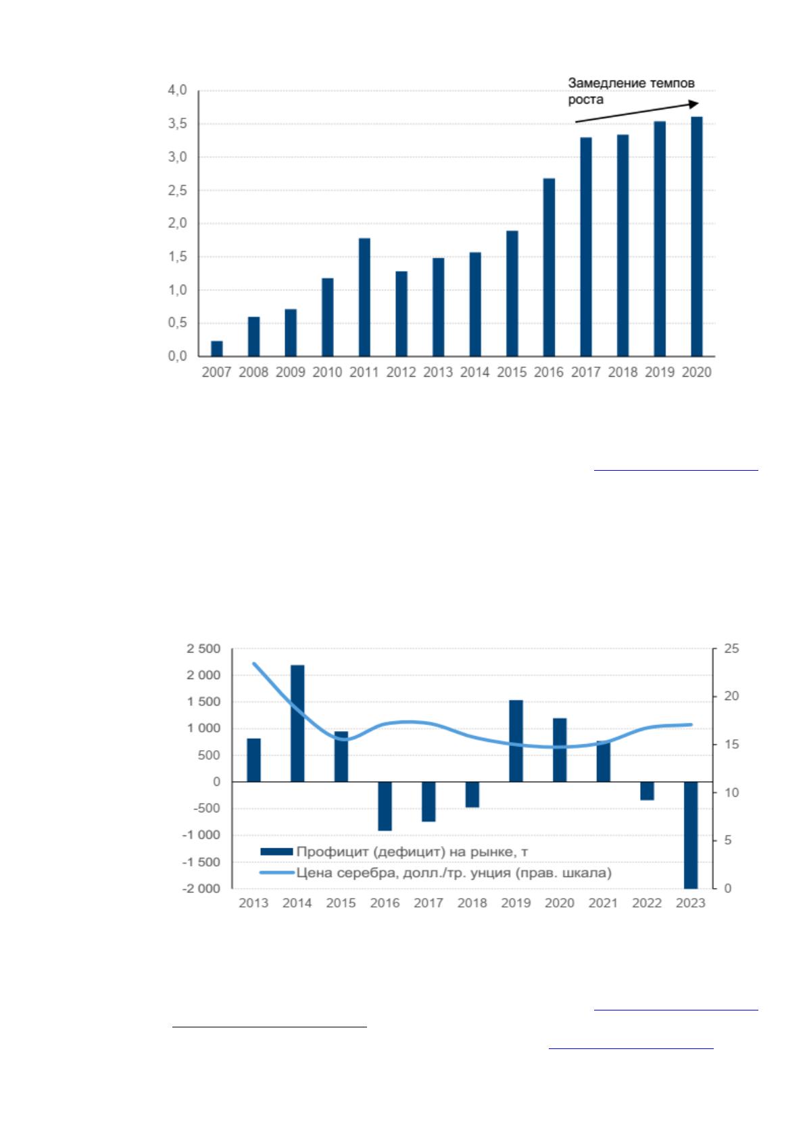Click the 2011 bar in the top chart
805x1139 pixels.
point(364,297)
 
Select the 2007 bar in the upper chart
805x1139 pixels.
point(216,348)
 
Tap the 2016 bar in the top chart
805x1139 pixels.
point(548,267)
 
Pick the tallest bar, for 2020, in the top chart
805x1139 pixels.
point(696,237)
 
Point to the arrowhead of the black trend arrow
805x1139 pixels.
point(694,103)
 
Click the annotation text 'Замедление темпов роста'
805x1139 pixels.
point(631,91)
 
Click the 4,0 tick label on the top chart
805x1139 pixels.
point(177,91)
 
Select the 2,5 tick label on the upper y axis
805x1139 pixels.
point(177,191)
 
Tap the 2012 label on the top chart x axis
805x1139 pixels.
point(401,372)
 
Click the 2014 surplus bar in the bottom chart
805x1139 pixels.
point(297,723)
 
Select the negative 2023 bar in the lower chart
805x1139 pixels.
point(691,835)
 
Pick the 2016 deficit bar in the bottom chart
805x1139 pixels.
point(385,806)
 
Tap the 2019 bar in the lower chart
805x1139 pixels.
point(516,741)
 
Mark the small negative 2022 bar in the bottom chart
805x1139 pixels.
point(647,791)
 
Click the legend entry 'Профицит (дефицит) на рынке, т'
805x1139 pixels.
point(394,852)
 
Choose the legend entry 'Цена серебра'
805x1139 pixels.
point(435,873)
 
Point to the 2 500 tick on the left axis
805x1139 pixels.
point(203,649)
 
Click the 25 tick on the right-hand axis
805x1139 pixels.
point(731,649)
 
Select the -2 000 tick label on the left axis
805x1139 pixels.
point(202,888)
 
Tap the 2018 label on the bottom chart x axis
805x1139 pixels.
point(472,903)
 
